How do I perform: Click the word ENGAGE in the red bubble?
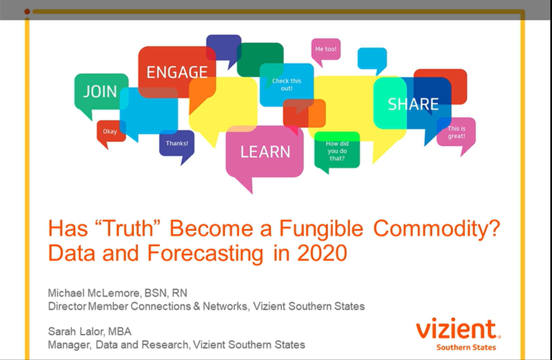click(x=177, y=73)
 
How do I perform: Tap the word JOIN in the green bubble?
click(x=100, y=92)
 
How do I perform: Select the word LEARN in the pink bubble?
click(x=265, y=152)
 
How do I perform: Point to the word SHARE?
click(x=413, y=104)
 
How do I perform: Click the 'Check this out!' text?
click(x=287, y=85)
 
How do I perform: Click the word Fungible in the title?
click(x=321, y=229)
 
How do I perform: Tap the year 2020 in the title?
click(x=322, y=253)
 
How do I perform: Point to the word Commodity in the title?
click(x=437, y=229)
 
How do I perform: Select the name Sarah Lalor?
click(x=76, y=331)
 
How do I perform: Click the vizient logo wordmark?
click(x=458, y=329)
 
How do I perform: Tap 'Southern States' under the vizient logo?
click(x=466, y=347)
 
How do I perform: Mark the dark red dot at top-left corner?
click(x=27, y=11)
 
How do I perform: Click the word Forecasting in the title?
click(x=205, y=254)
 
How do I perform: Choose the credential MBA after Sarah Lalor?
click(x=119, y=331)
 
